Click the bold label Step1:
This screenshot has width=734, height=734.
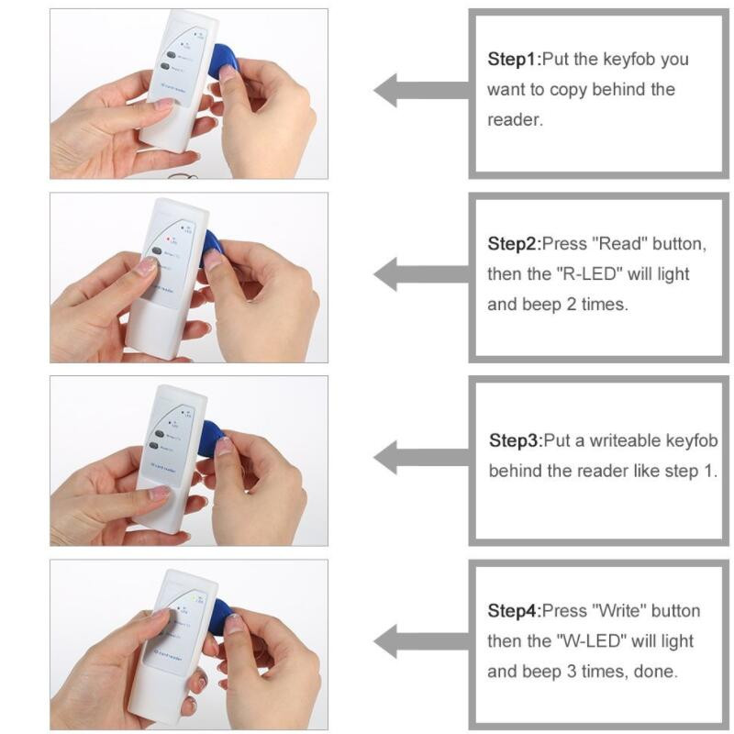click(x=514, y=60)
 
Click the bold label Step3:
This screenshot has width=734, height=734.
click(x=516, y=440)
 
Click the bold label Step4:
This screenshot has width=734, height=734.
click(x=514, y=611)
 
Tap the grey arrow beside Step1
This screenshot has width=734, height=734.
click(x=417, y=90)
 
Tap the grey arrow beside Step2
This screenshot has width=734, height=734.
click(x=417, y=273)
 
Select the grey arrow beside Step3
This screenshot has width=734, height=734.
click(x=417, y=456)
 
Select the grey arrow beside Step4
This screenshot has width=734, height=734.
click(x=417, y=639)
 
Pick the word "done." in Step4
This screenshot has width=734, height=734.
click(x=658, y=672)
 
